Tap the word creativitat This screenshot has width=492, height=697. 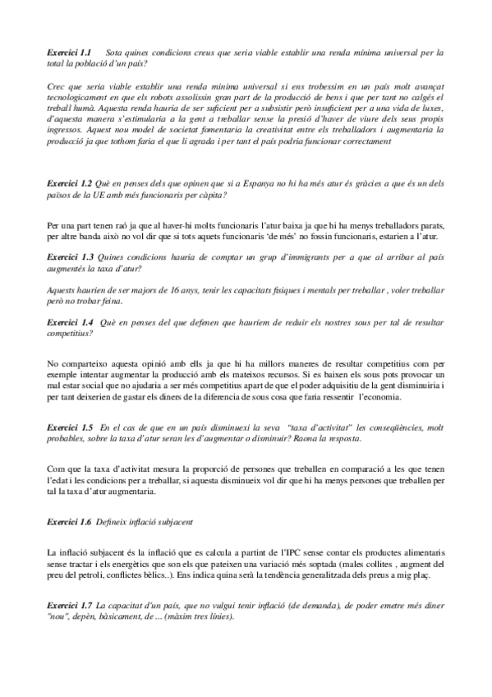pyautogui.click(x=246, y=130)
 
